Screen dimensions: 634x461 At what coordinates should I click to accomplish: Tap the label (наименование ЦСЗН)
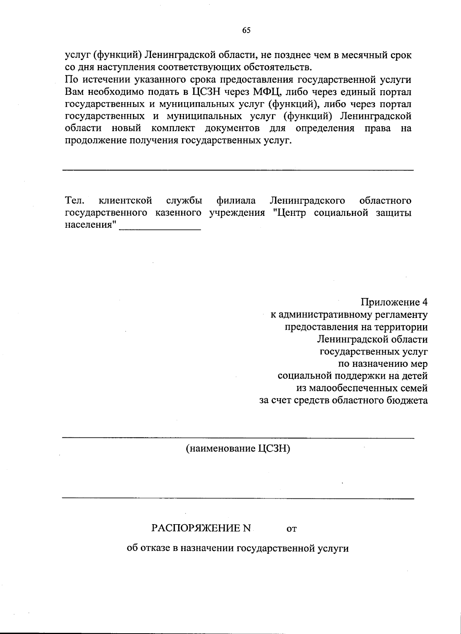click(238, 448)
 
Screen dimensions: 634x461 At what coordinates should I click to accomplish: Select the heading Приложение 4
click(394, 302)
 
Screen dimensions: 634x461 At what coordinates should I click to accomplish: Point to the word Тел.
click(75, 200)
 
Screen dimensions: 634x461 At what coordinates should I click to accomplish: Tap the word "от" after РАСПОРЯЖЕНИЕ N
click(292, 530)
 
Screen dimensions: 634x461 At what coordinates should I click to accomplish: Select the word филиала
click(236, 200)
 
